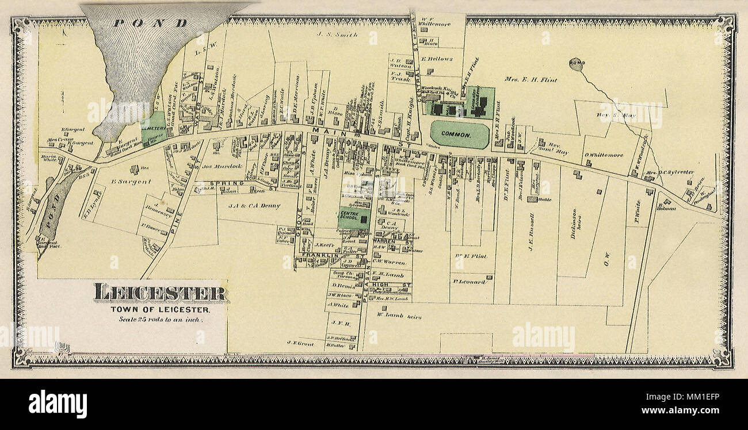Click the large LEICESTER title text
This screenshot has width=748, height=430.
tap(161, 293)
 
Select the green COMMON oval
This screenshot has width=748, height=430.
tap(459, 135)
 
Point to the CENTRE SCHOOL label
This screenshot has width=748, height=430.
tap(349, 216)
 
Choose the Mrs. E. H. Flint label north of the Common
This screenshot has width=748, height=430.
tap(531, 80)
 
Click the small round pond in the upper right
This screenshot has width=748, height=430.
tap(575, 63)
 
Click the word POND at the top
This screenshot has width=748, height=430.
tap(151, 23)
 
